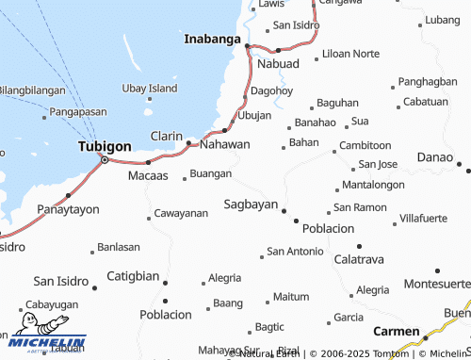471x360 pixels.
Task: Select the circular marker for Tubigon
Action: (104, 160)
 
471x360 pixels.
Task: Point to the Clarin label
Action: (167, 136)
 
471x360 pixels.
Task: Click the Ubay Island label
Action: (150, 88)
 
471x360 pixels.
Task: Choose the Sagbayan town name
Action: (250, 204)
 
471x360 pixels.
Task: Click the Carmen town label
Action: (396, 331)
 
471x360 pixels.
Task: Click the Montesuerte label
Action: (435, 284)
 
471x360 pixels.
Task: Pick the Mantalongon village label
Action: (374, 184)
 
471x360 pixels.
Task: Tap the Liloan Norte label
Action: (350, 54)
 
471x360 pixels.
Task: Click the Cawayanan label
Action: (181, 213)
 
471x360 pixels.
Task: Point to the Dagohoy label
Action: (273, 91)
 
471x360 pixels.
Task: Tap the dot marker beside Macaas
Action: (147, 162)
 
